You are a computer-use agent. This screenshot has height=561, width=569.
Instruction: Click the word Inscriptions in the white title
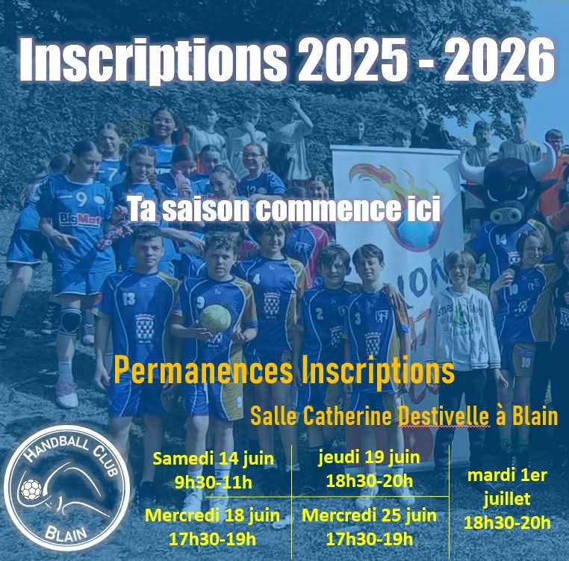click(x=153, y=61)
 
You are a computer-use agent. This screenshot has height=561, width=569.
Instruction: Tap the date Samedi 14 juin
click(x=214, y=459)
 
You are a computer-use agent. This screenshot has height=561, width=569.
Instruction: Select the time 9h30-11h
click(x=214, y=483)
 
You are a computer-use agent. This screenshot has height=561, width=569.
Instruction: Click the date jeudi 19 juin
click(x=369, y=458)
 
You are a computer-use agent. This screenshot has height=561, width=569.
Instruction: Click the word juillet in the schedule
click(x=506, y=500)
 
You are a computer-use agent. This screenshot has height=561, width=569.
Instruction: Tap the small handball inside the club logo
click(x=31, y=489)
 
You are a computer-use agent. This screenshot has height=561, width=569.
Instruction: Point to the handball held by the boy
click(x=215, y=318)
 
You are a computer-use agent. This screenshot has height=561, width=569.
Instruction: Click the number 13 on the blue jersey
click(x=128, y=299)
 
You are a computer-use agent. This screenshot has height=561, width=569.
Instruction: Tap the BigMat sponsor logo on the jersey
click(x=79, y=220)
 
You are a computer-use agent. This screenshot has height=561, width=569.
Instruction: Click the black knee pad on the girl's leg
click(x=71, y=321)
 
